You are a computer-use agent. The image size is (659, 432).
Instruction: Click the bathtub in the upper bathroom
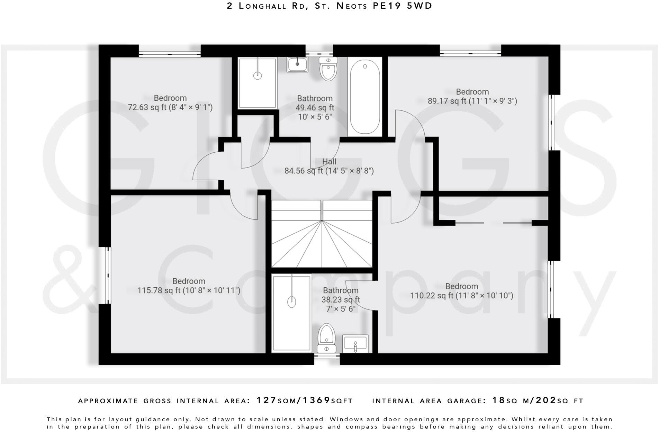(365, 97)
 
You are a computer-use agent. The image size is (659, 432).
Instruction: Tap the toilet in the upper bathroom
(328, 70)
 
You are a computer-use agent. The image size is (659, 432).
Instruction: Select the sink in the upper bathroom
(297, 64)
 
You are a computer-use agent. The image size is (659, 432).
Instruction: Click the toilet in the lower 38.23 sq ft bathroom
(326, 337)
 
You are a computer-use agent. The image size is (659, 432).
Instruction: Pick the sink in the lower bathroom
(355, 344)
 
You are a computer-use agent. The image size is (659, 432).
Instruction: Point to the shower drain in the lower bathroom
(292, 302)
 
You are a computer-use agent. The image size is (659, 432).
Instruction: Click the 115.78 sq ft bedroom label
(189, 286)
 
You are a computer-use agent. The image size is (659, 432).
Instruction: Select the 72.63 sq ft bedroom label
(170, 103)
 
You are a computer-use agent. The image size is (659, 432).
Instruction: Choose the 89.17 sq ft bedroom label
(472, 97)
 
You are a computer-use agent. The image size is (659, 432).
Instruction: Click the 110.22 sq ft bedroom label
(461, 291)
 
